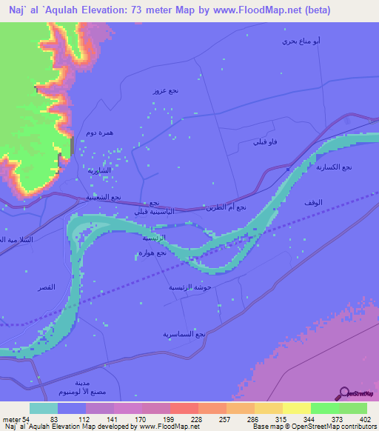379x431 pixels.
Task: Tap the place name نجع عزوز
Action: pos(165,90)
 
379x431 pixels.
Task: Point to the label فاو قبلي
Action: pos(266,141)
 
